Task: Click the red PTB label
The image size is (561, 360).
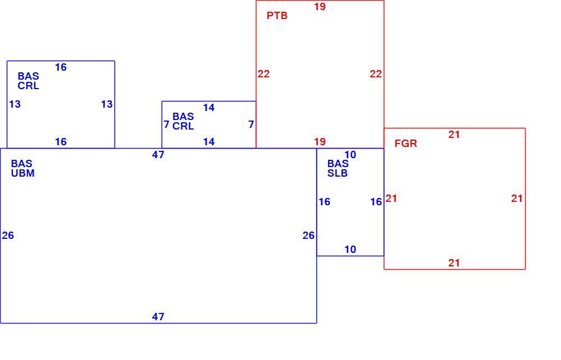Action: point(277,16)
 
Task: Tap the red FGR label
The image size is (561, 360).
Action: point(406,144)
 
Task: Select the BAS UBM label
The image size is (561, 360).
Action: point(22,168)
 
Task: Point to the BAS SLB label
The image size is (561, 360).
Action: point(338,168)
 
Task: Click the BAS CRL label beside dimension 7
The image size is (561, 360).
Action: point(183,122)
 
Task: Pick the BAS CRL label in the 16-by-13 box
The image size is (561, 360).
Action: point(28,81)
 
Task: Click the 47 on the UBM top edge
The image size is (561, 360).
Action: point(158,155)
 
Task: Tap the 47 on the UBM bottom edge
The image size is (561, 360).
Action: point(158,317)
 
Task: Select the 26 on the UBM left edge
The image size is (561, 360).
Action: point(8,236)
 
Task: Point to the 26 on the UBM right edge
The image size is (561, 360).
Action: point(309,236)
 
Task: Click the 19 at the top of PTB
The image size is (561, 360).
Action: point(320,7)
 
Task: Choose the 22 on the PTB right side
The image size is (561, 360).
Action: point(376,74)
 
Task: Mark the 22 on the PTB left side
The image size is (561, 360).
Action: point(264,74)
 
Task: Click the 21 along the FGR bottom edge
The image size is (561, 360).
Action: point(454,263)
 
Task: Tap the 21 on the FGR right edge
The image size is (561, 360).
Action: point(517,199)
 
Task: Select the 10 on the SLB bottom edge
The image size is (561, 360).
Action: point(350,250)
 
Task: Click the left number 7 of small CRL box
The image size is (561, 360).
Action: point(167,124)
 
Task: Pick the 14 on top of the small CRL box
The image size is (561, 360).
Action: point(209,108)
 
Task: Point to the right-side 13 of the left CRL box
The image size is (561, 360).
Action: point(107,104)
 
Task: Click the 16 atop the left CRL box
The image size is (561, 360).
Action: point(61,67)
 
